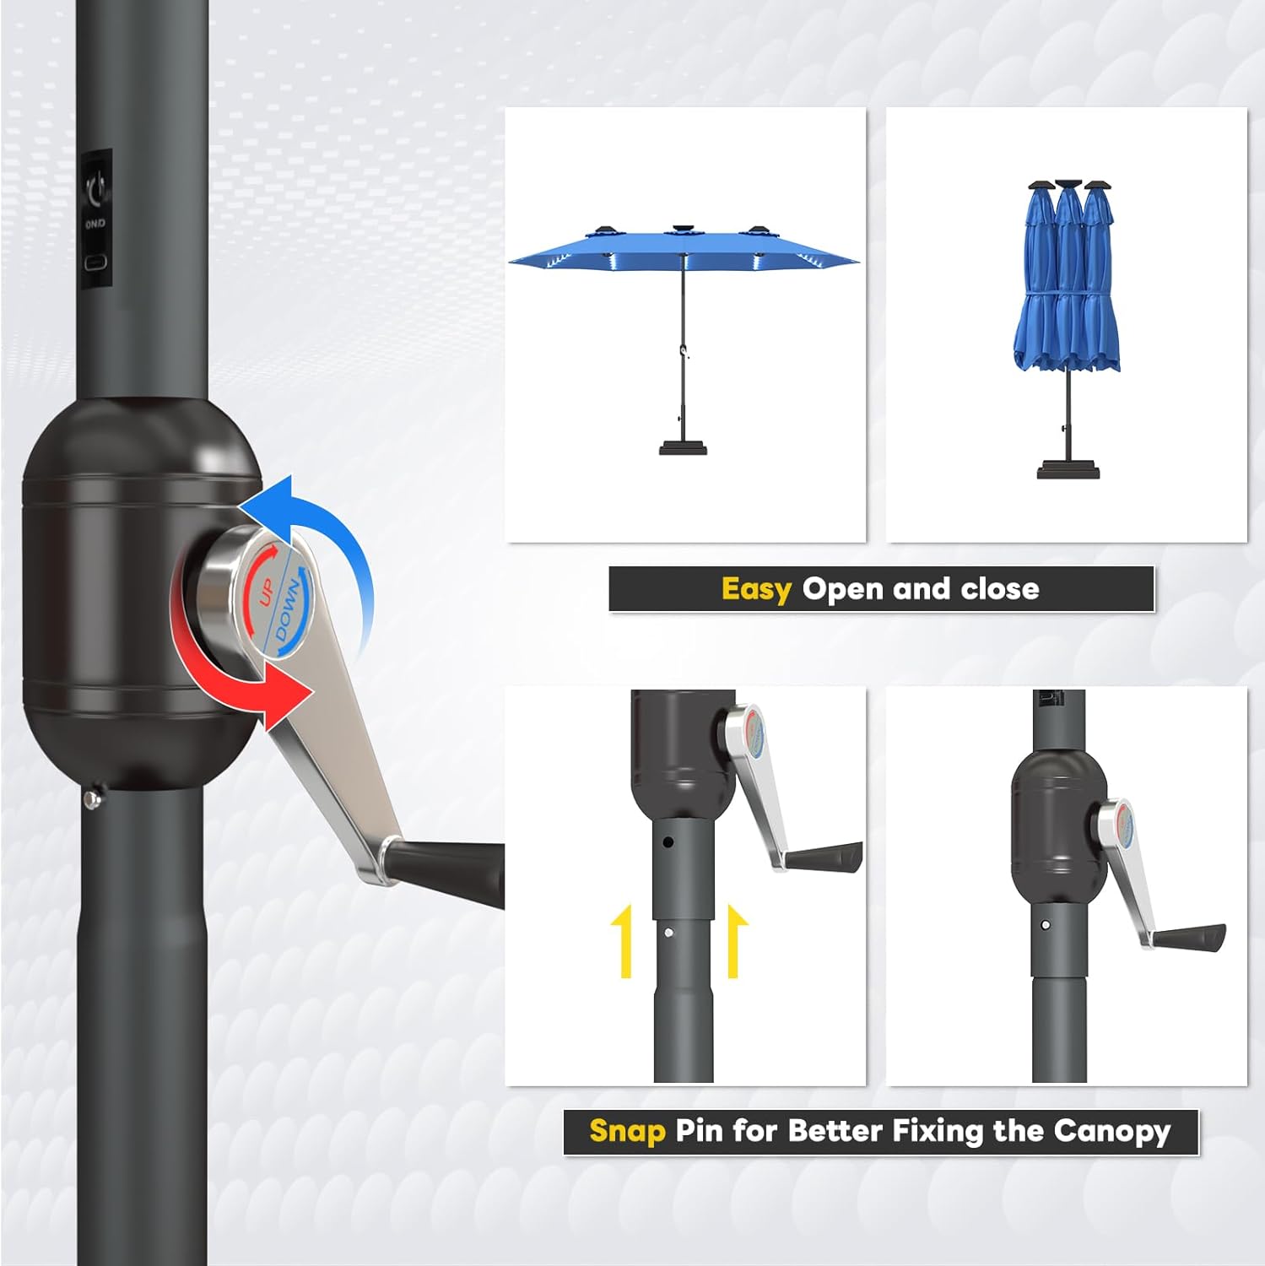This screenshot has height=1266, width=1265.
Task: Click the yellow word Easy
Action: click(x=755, y=589)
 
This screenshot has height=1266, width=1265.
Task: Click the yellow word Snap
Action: click(x=627, y=1131)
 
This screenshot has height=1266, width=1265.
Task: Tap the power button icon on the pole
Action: click(x=97, y=187)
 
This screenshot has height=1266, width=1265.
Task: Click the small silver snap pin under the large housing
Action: click(x=92, y=799)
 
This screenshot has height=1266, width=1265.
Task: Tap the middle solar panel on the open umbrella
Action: click(x=684, y=230)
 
